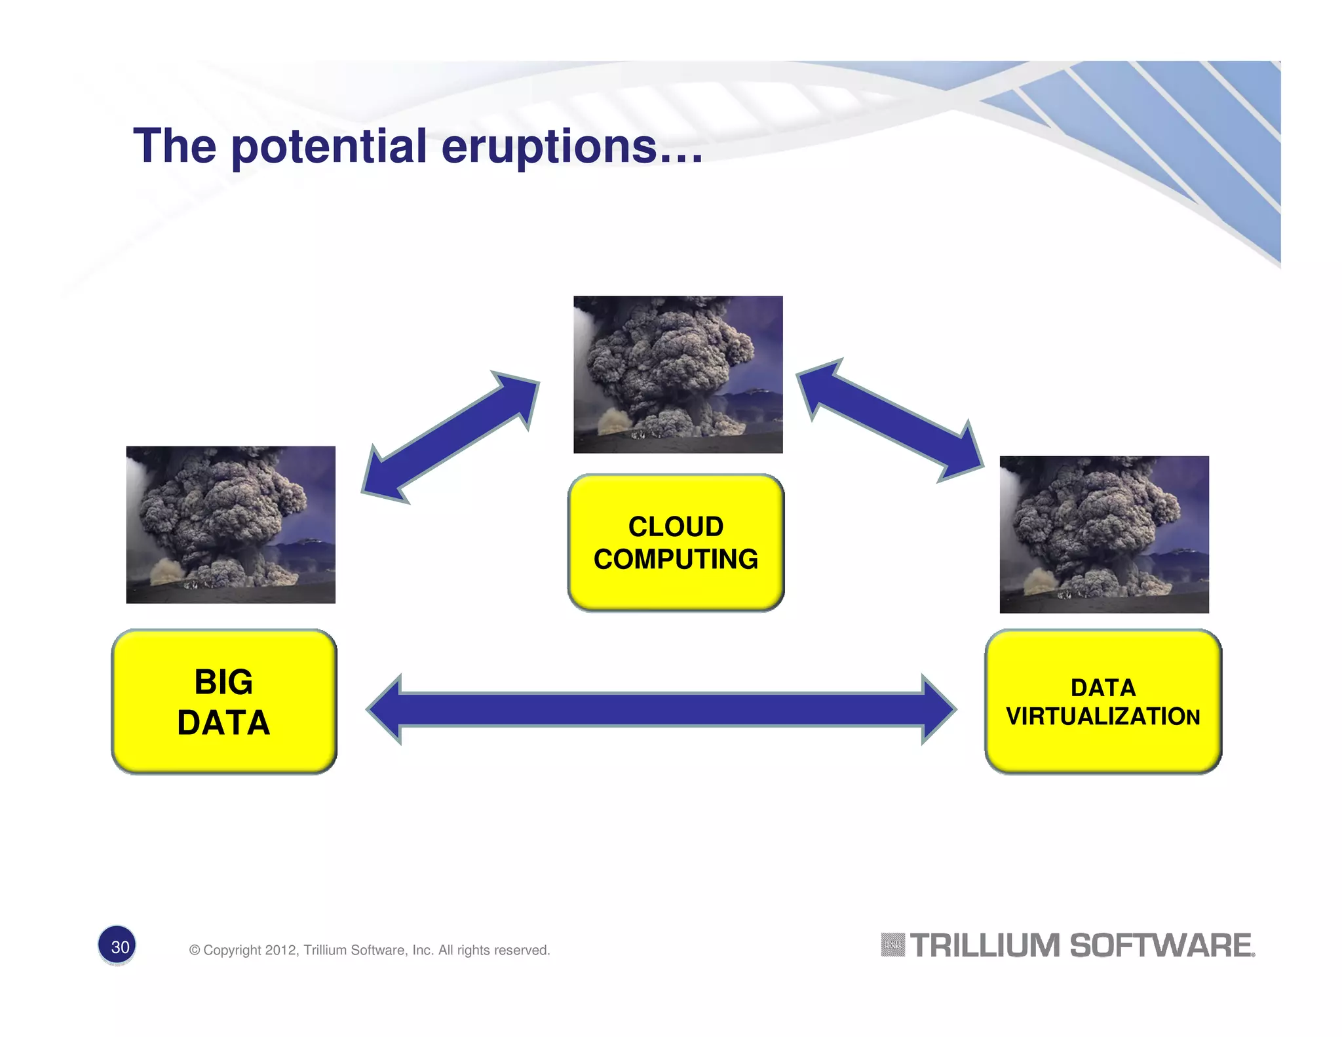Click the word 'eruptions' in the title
click(549, 146)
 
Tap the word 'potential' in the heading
click(329, 147)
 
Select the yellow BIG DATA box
click(224, 702)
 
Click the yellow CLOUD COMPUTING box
click(676, 543)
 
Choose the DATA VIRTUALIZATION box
click(1103, 702)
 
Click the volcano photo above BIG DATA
click(231, 524)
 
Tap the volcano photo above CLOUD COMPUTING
click(678, 374)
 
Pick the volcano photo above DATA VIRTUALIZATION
click(1103, 534)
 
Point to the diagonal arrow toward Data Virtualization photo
click(889, 420)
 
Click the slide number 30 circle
click(117, 946)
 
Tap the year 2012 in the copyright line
click(280, 950)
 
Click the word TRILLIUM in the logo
click(984, 946)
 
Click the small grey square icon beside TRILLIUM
click(892, 945)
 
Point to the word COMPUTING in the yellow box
click(676, 559)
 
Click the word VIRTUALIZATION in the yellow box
click(1103, 716)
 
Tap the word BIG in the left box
click(223, 682)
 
